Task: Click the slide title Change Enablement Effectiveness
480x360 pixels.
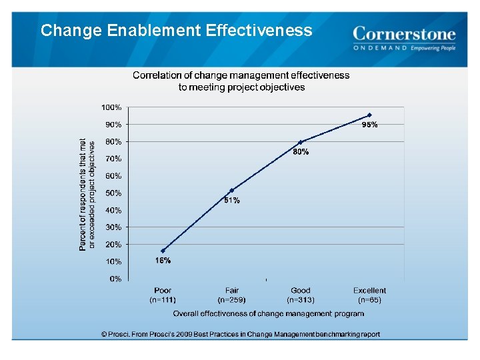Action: [176, 31]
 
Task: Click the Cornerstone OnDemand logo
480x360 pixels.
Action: [404, 39]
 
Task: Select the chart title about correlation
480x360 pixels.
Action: [241, 81]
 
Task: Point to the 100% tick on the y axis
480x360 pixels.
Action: [111, 107]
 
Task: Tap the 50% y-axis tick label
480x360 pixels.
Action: [113, 193]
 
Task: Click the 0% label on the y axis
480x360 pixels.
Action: [115, 279]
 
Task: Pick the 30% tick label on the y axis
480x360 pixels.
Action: [113, 227]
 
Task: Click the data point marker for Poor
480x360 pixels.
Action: [163, 251]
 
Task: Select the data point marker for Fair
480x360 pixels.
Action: [231, 191]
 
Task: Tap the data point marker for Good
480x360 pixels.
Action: [301, 142]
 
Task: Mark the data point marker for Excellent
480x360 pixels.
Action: [369, 115]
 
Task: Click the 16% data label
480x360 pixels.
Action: [163, 261]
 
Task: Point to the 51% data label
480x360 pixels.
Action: [231, 200]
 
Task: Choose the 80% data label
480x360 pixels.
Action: [301, 152]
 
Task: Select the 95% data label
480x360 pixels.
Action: [369, 125]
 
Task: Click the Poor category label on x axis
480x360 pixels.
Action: [163, 290]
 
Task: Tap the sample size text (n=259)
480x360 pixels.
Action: [231, 300]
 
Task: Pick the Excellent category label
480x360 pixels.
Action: [369, 290]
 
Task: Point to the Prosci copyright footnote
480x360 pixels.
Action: [240, 334]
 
